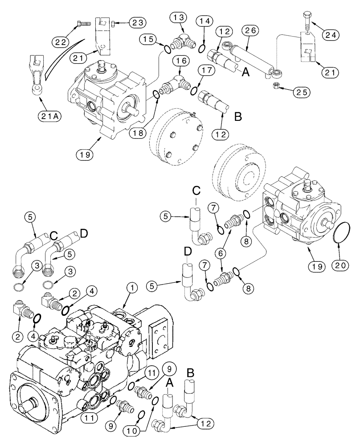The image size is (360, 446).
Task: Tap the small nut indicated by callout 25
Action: [274, 85]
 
